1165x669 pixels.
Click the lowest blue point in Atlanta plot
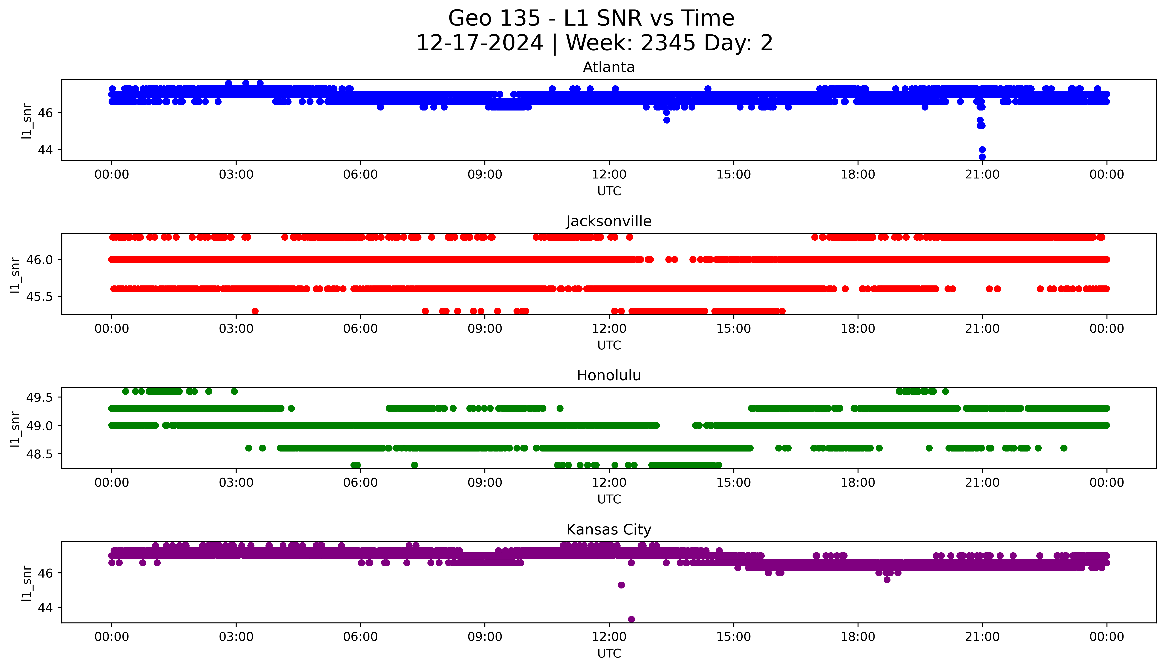click(x=982, y=157)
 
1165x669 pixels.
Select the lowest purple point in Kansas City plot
click(x=631, y=619)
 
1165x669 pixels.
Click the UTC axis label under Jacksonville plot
click(x=609, y=345)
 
